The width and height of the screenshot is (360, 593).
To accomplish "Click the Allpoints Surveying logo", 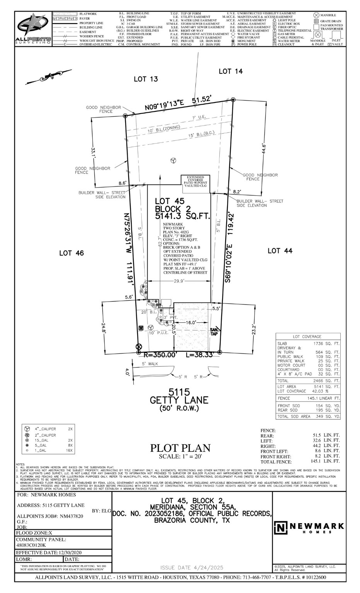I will click(33, 29).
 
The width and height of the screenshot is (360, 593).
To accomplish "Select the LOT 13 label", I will click(146, 79).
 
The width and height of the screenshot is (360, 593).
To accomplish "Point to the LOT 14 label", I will click(231, 71).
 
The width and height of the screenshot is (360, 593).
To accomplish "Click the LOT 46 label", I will click(71, 253).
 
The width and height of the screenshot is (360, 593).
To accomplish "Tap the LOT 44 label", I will click(280, 251).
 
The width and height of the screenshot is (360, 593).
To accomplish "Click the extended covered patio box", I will click(196, 181).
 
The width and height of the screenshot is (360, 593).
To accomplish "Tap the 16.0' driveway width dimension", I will click(191, 322).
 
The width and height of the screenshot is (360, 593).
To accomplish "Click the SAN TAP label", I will click(213, 332).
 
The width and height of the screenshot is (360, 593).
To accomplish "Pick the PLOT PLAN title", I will click(180, 448).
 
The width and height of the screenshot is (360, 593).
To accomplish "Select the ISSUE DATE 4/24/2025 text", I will click(192, 568).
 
